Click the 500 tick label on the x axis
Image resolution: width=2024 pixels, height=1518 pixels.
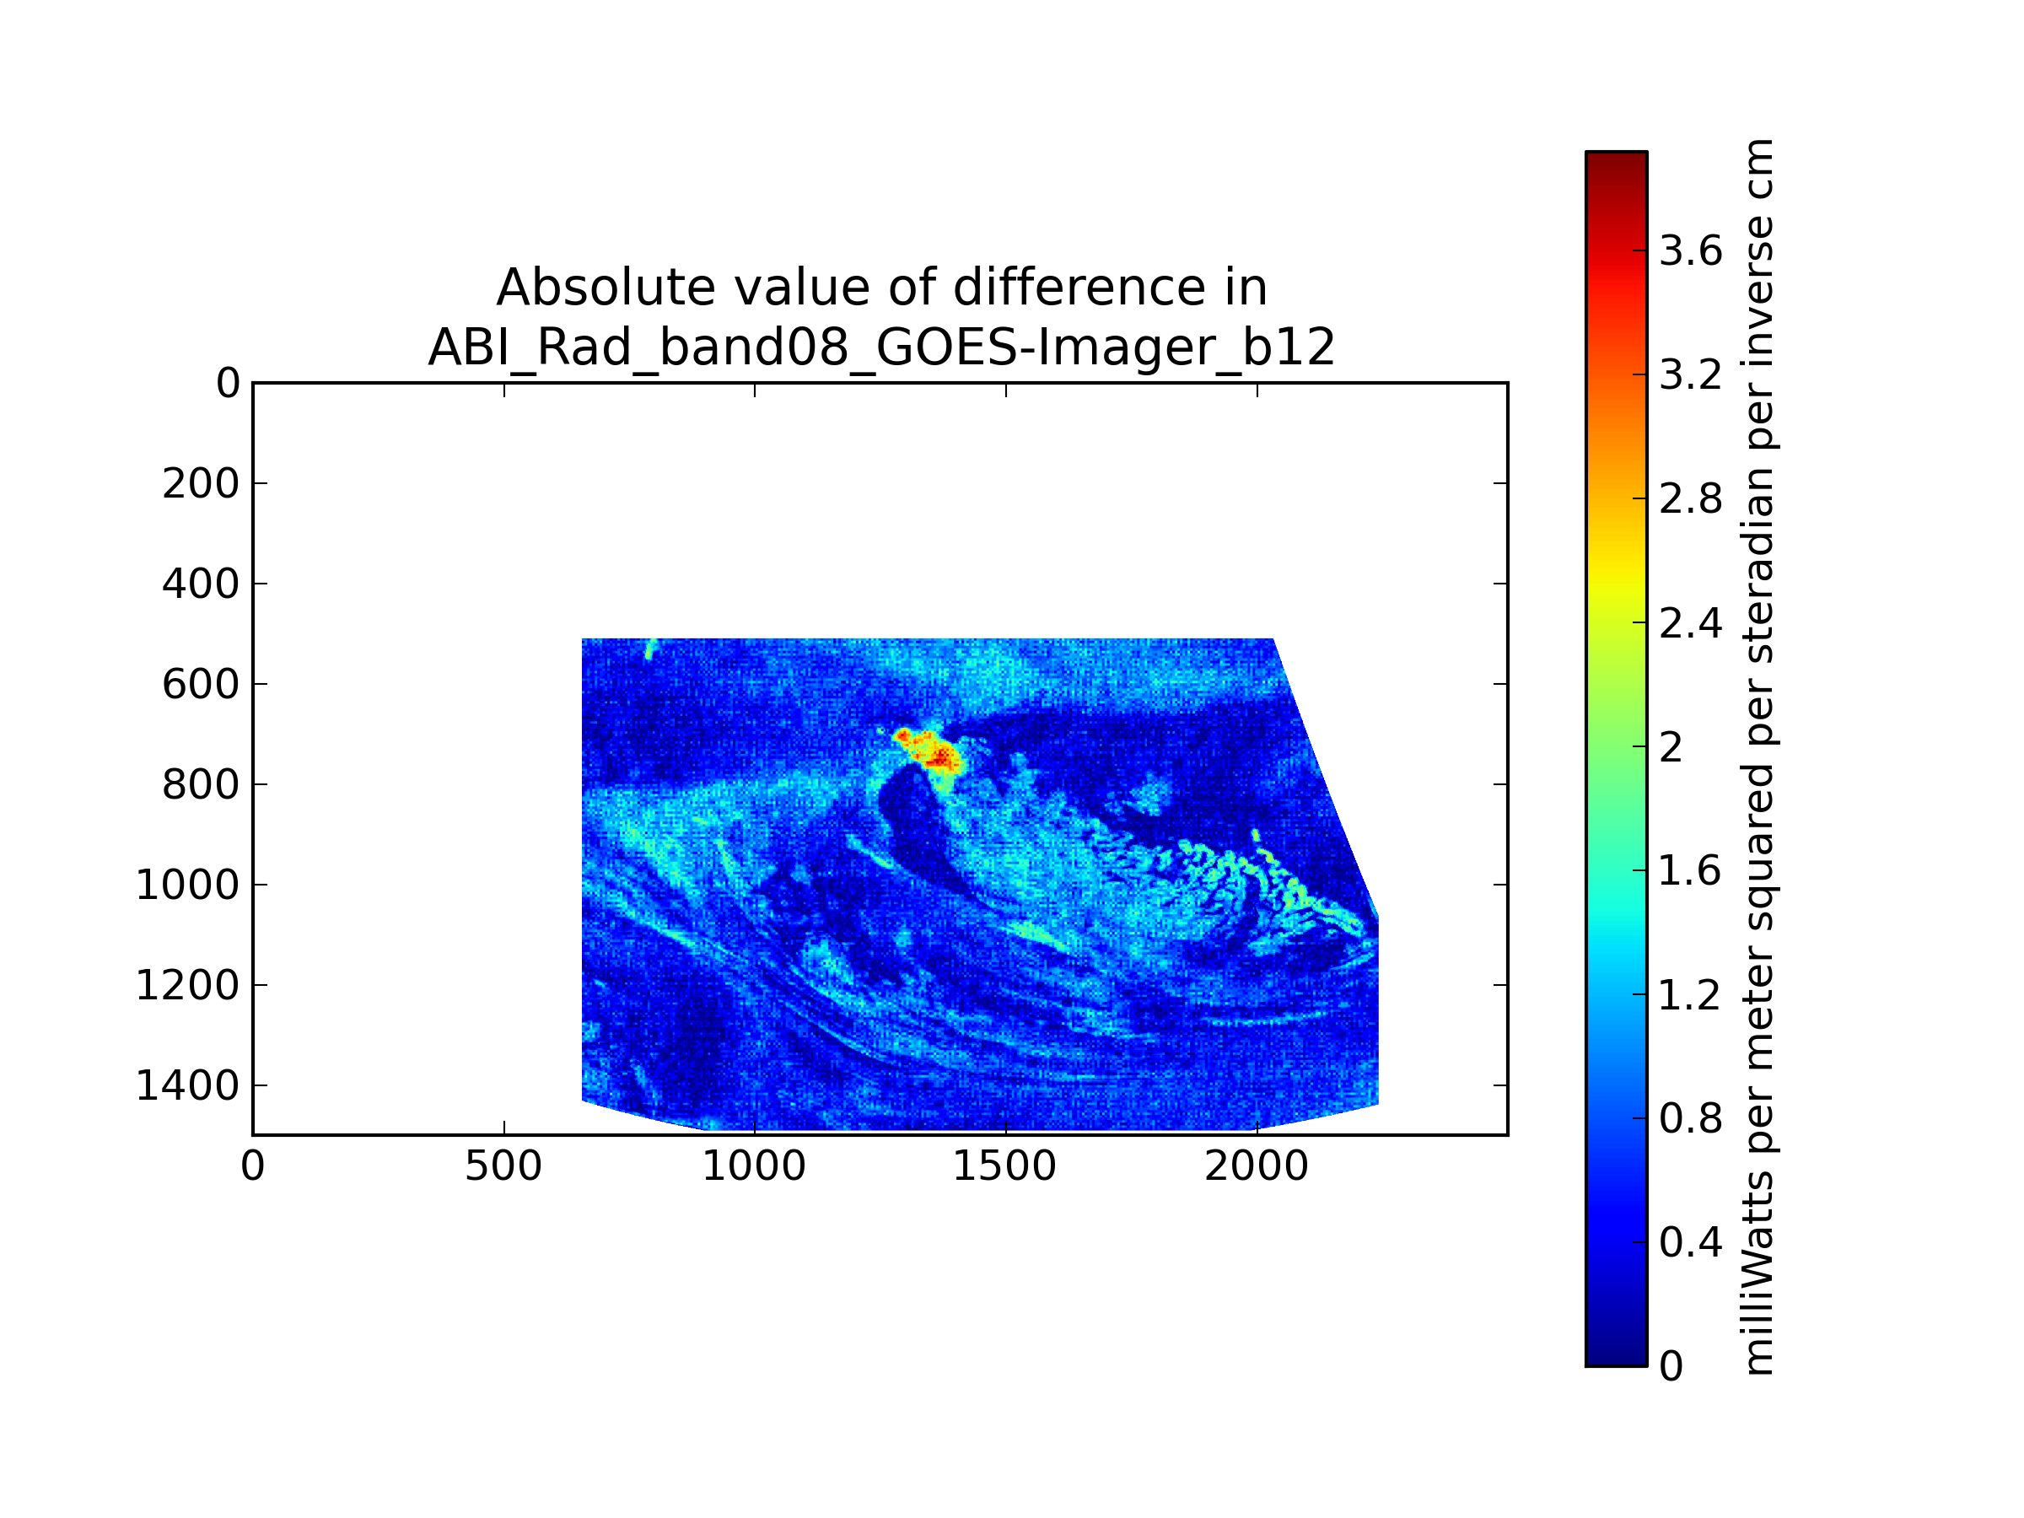coord(503,1166)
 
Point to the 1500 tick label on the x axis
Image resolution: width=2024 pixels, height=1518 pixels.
coord(1004,1166)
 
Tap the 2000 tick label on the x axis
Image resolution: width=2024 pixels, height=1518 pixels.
coord(1257,1166)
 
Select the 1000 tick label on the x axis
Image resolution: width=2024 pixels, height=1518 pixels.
coord(754,1166)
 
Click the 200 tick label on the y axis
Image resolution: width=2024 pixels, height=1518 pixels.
coord(201,484)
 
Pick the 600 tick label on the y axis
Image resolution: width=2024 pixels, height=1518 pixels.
coord(201,685)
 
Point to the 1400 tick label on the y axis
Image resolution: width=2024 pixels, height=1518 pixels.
coord(187,1086)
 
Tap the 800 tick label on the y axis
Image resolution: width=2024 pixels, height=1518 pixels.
coord(201,785)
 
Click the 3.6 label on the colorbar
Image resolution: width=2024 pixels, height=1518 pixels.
coord(1691,250)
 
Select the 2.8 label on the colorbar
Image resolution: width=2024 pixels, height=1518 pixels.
coord(1691,499)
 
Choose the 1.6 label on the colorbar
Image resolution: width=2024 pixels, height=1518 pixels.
coord(1691,871)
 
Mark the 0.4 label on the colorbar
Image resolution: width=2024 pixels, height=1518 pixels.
coord(1691,1242)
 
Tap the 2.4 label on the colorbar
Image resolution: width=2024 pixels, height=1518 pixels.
coord(1691,624)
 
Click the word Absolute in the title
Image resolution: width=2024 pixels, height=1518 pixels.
coord(606,288)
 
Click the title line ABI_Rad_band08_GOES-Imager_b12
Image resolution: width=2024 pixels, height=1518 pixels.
coord(881,347)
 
